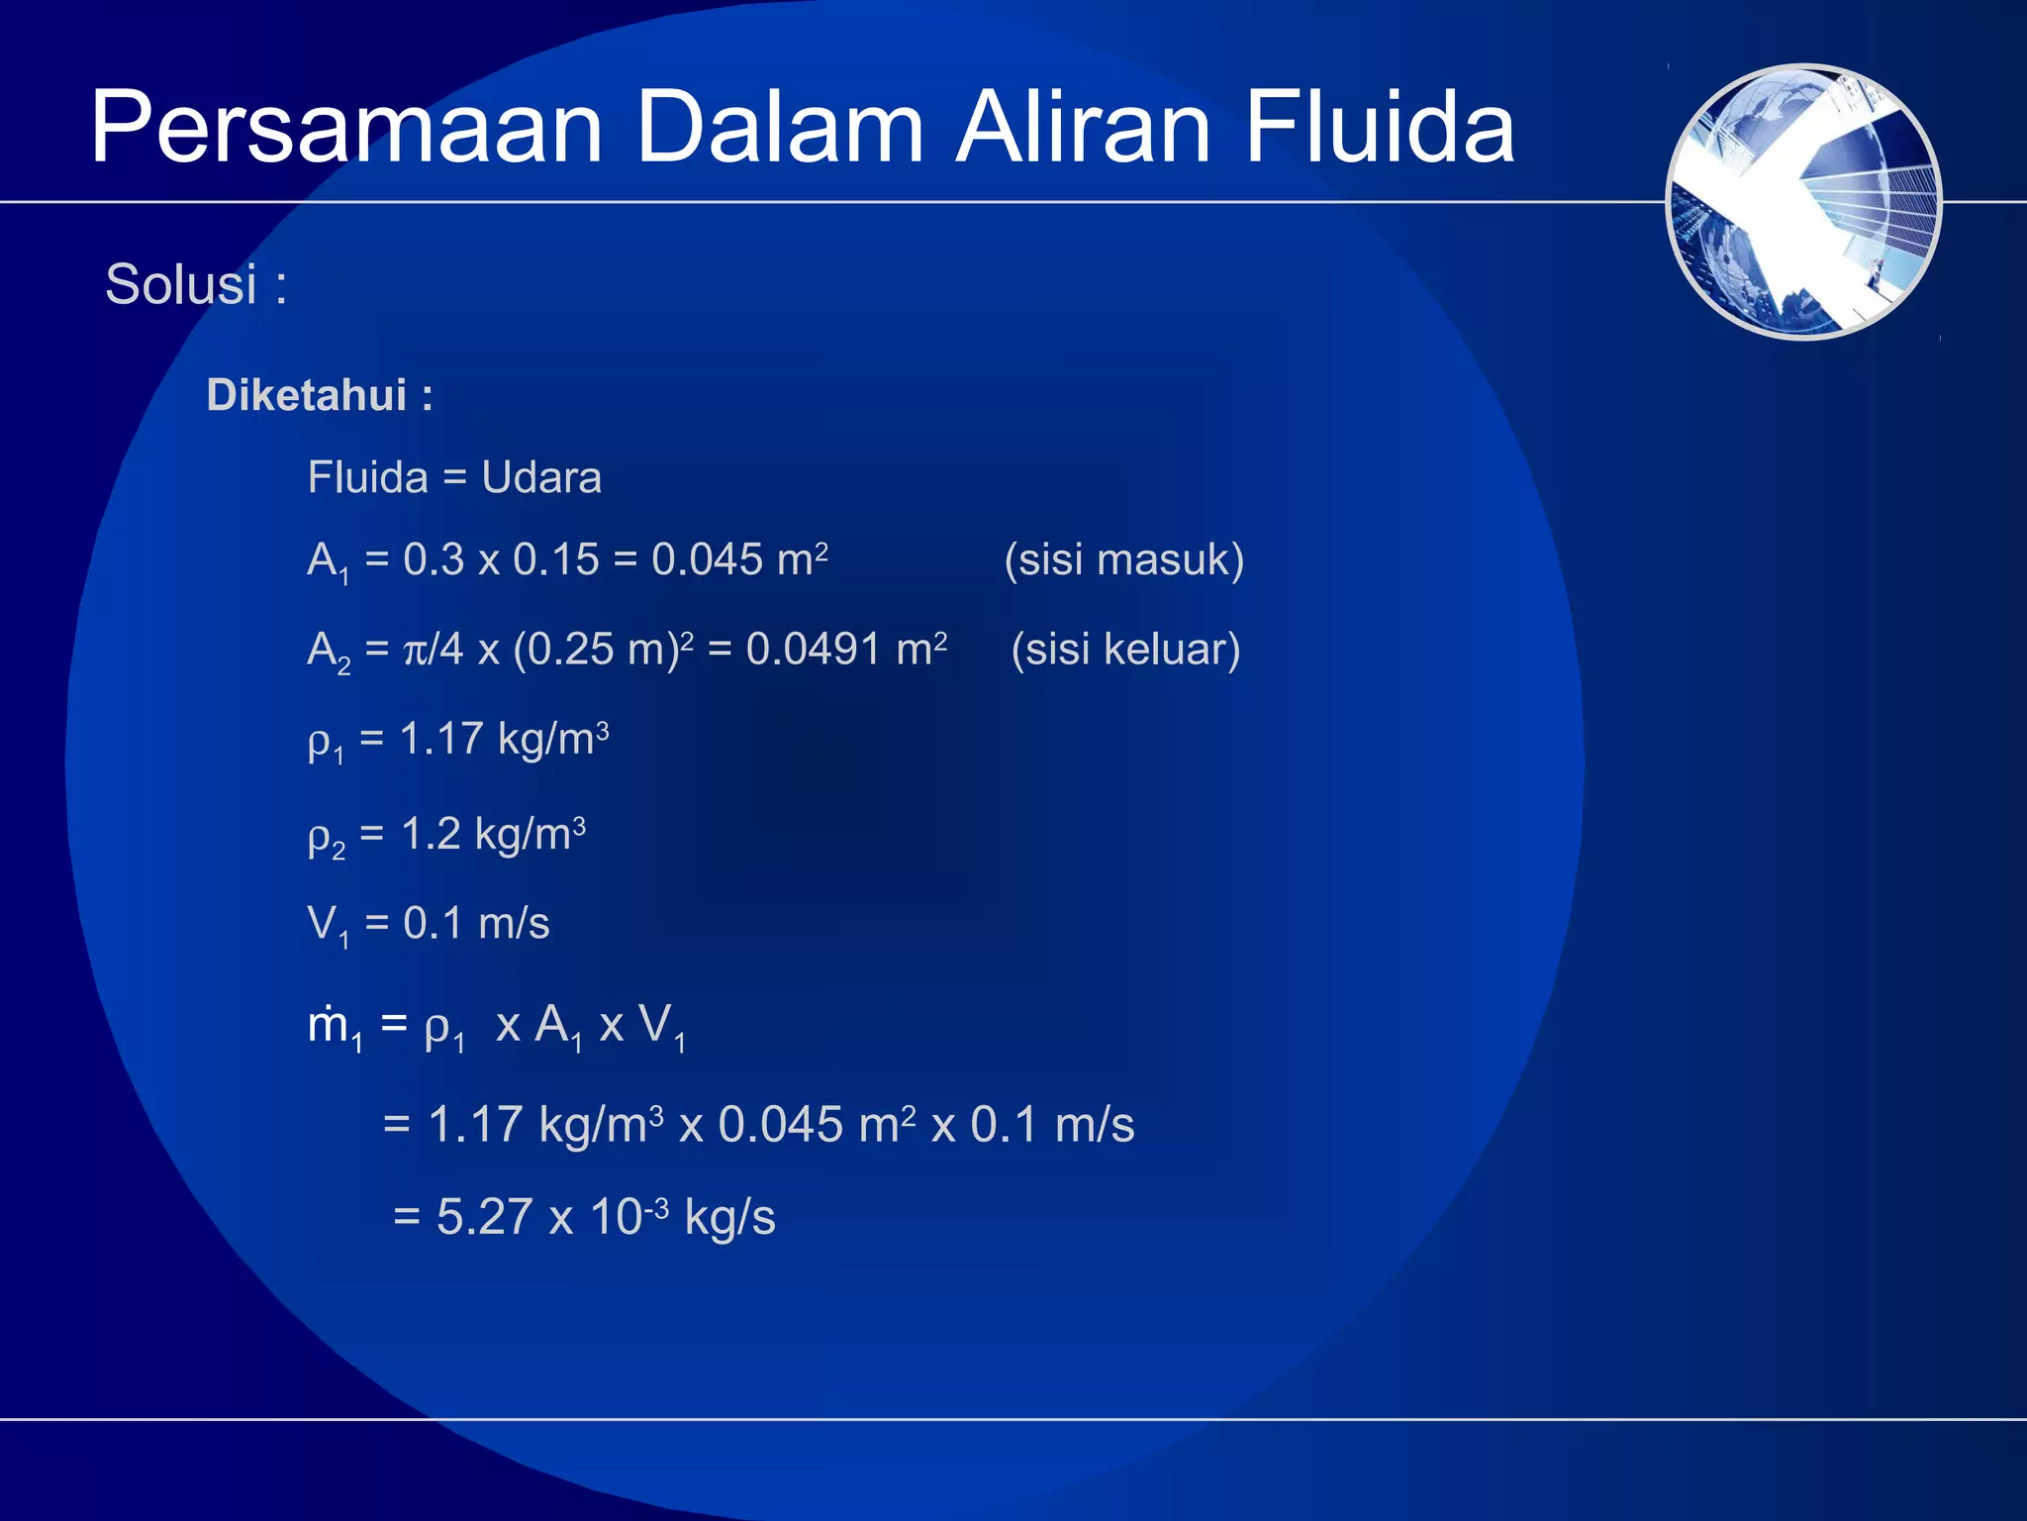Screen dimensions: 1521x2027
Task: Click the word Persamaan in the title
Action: [346, 129]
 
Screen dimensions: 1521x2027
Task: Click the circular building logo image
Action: [1803, 202]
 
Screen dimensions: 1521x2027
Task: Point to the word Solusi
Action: [181, 285]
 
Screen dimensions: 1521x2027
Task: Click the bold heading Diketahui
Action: [306, 395]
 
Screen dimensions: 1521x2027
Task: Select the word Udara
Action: [540, 478]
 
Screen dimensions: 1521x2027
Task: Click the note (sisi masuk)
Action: [1123, 559]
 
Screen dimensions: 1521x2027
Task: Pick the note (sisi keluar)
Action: [1125, 650]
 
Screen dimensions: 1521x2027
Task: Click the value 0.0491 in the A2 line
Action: [813, 650]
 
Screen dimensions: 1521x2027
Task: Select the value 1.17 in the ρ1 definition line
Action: [440, 740]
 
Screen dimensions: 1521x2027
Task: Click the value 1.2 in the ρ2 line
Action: [431, 835]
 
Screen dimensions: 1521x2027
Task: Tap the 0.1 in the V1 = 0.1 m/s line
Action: [433, 924]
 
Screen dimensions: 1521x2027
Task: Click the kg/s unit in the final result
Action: [729, 1217]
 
